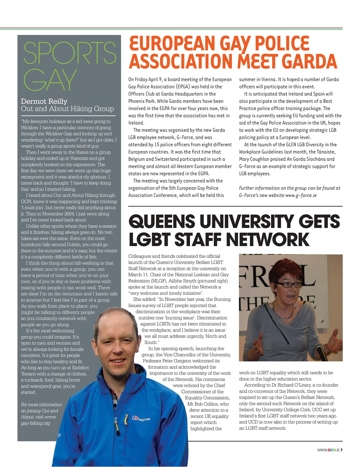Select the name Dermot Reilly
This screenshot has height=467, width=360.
(x=44, y=101)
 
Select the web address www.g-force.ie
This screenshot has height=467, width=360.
(x=301, y=195)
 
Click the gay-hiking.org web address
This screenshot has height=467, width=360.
(x=35, y=423)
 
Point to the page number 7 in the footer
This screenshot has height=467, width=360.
(x=341, y=450)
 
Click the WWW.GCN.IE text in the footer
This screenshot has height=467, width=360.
(x=328, y=450)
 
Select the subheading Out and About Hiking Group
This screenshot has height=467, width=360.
(x=67, y=109)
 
